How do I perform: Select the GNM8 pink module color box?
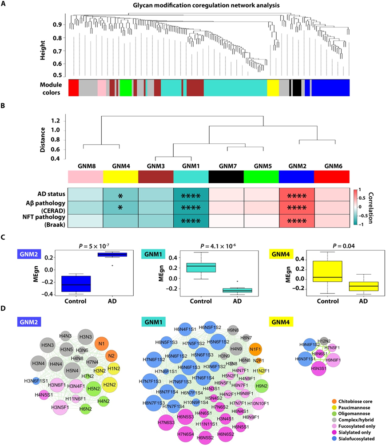pos(85,177)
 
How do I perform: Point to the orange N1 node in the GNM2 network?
pos(102,343)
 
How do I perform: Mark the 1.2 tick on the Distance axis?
pos(55,120)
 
